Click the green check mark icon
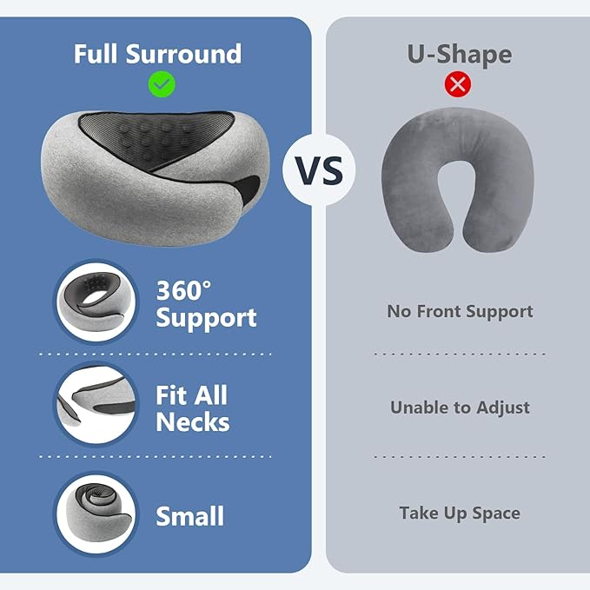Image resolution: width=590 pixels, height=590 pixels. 162,83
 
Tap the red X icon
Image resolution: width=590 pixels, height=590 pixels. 457,83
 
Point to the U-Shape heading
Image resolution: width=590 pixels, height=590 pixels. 459,54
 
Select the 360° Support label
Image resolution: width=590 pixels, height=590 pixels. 207,303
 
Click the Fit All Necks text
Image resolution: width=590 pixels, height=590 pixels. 193,408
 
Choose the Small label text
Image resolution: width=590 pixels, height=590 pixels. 189,516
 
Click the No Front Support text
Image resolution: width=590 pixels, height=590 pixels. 460,311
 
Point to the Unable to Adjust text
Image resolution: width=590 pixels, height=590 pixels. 460,408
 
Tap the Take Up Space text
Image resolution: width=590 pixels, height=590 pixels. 460,513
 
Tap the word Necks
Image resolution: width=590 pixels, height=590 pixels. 193,422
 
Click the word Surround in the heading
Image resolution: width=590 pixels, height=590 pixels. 187,53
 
